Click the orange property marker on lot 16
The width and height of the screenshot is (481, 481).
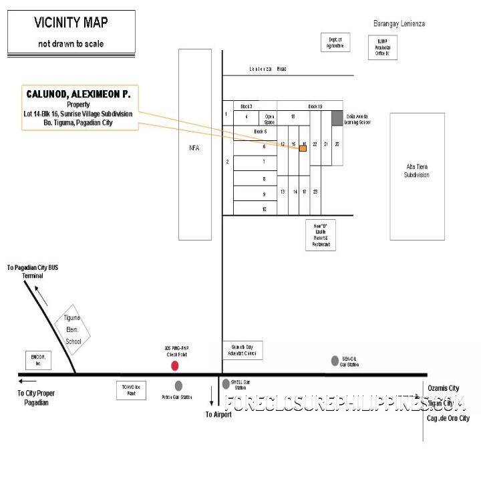pos(303,148)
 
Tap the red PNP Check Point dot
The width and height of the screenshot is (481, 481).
pos(175,365)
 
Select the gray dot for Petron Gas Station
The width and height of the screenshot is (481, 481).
pos(178,385)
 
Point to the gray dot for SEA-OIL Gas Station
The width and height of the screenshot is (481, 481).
pos(335,361)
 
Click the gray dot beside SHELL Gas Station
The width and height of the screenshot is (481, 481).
pos(226,384)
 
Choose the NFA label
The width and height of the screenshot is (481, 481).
pos(194,148)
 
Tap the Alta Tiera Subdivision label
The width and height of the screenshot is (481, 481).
pos(418,170)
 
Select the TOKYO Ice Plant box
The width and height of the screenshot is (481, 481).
pos(132,390)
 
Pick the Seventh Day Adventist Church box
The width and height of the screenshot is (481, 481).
pos(242,350)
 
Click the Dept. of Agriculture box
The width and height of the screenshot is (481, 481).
pos(335,43)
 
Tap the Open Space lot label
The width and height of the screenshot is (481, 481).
pos(270,119)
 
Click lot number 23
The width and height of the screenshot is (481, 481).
pos(315,192)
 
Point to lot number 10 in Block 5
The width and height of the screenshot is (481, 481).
pos(264,209)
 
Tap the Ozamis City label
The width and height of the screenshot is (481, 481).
pos(444,388)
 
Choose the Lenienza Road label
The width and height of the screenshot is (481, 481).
pos(267,69)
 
